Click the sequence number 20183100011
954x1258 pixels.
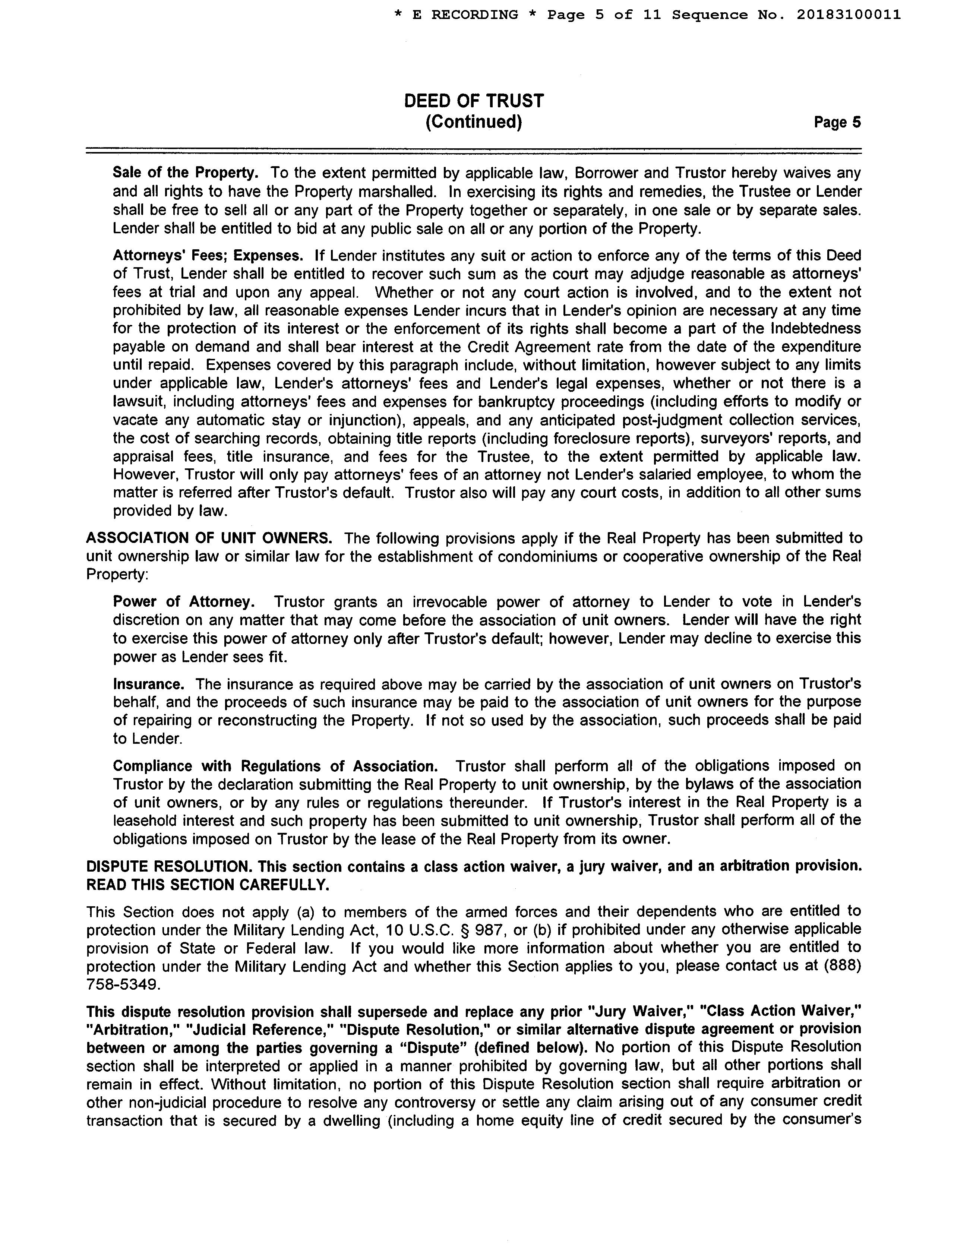tap(848, 15)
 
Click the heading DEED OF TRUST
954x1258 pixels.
tap(474, 101)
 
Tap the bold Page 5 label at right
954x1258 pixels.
tap(837, 123)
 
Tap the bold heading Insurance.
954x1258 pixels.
tap(148, 684)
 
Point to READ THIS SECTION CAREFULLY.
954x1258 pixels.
tap(208, 885)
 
